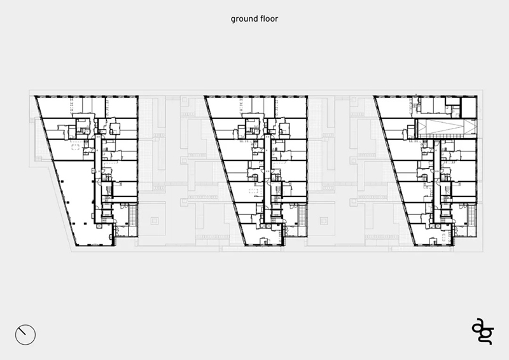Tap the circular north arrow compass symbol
point(25,335)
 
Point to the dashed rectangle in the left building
point(76,147)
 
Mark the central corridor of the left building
point(98,180)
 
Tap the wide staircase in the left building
point(132,215)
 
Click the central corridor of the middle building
point(267,180)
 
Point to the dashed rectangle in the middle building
point(253,191)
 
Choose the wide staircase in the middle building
point(302,215)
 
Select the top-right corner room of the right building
point(469,107)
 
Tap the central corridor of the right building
point(437,180)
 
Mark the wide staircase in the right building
point(471,215)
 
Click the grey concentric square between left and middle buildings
point(155,221)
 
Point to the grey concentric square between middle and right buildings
point(324,221)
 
